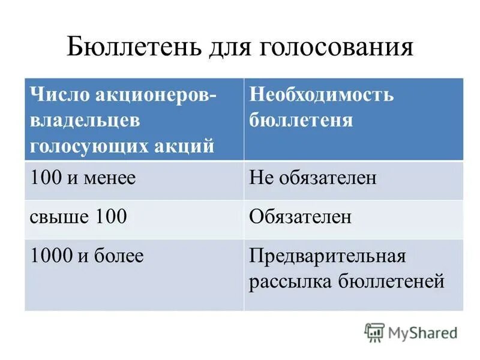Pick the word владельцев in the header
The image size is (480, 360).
pyautogui.click(x=85, y=120)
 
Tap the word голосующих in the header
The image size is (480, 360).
pyautogui.click(x=90, y=146)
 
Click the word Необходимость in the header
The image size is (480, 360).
pyautogui.click(x=322, y=95)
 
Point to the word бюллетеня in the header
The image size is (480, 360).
pyautogui.click(x=301, y=120)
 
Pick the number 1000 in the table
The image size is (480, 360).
pyautogui.click(x=51, y=256)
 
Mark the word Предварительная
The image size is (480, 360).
pyautogui.click(x=328, y=256)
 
